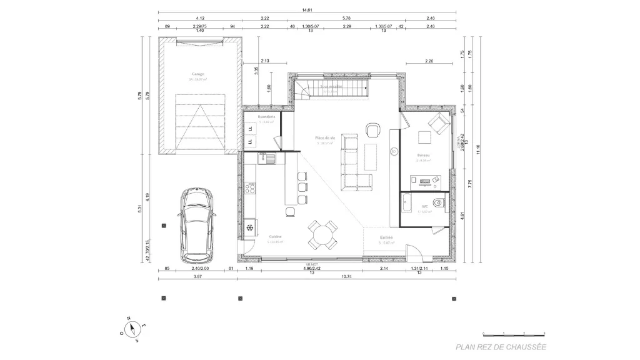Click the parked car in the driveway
(196, 225)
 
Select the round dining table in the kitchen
(322, 236)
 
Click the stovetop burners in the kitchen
(251, 187)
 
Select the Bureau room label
(423, 154)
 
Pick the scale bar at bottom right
(514, 334)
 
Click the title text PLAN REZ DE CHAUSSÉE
(501, 347)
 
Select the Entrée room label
(387, 237)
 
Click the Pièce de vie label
(325, 137)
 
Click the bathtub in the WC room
(407, 202)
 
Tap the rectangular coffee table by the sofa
(371, 156)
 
